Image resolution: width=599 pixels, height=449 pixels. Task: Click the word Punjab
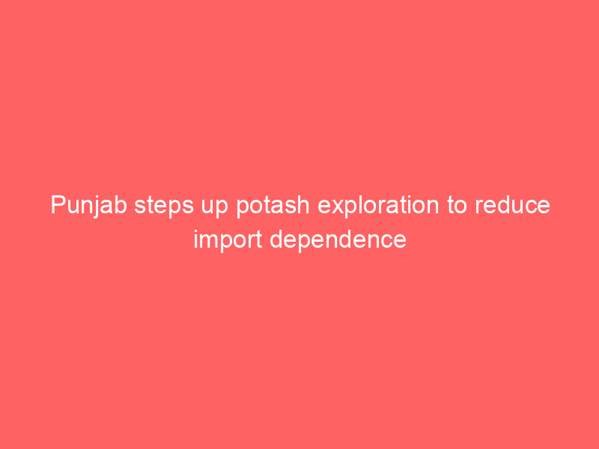click(x=88, y=207)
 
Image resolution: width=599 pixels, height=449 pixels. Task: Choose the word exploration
click(x=378, y=207)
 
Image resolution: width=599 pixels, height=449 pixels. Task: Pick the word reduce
click(x=513, y=205)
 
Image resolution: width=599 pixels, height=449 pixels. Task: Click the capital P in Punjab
click(x=58, y=205)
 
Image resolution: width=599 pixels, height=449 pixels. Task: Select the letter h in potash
click(x=303, y=205)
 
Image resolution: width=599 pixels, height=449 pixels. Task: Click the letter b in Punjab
click(x=121, y=205)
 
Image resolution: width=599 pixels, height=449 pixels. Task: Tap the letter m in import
click(x=210, y=242)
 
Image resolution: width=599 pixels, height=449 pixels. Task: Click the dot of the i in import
click(x=196, y=232)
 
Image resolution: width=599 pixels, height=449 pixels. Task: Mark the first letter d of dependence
click(x=276, y=240)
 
